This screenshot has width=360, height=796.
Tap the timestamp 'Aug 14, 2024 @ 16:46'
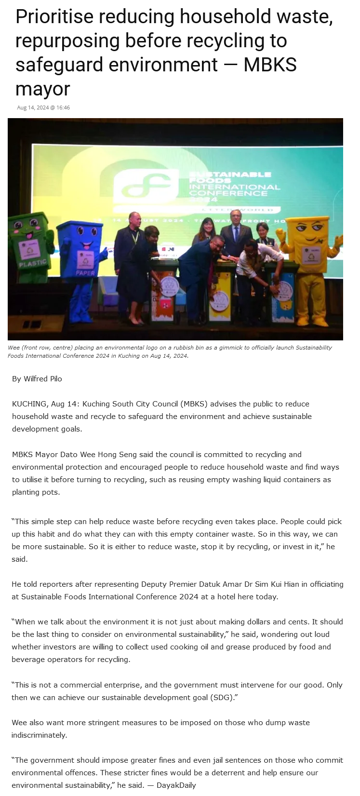(43, 108)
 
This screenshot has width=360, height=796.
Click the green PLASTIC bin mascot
(31, 246)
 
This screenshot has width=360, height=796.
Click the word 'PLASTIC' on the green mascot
(33, 264)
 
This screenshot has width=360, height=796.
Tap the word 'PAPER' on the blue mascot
(85, 273)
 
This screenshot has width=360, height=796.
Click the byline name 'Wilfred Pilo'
(43, 378)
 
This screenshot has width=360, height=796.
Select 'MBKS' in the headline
(270, 65)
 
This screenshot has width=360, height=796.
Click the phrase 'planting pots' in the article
(35, 492)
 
